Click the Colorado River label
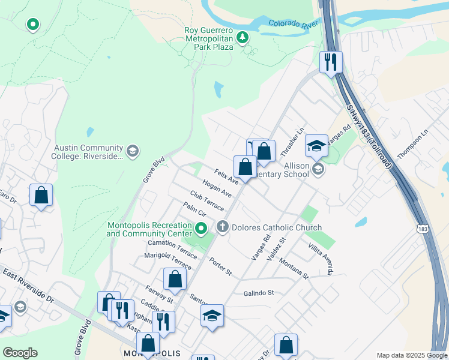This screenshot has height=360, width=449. [x=293, y=25]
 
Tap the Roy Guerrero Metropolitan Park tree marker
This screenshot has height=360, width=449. [x=243, y=38]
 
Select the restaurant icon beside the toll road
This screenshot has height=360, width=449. [x=331, y=61]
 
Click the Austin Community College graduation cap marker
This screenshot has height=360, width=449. [x=133, y=151]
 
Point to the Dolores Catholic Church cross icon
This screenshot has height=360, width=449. [x=223, y=227]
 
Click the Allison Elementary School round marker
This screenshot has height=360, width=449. [x=318, y=169]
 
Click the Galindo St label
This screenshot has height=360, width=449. [x=259, y=293]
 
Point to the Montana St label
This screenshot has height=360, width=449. [x=292, y=269]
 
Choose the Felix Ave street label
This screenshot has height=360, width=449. [x=226, y=177]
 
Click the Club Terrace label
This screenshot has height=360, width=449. [x=206, y=200]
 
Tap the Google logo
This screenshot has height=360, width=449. [x=20, y=353]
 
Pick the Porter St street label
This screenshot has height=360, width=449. [x=220, y=266]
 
